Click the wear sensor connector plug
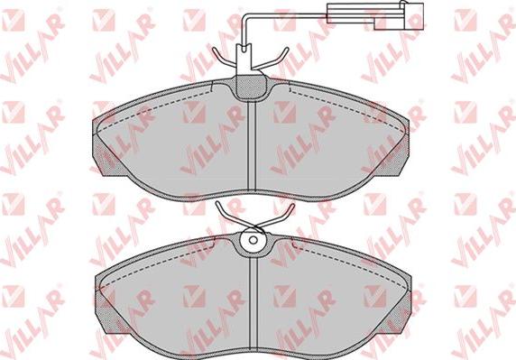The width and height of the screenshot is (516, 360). (375, 14)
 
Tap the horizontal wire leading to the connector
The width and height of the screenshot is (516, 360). (285, 15)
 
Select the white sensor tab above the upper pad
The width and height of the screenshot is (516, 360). (244, 60)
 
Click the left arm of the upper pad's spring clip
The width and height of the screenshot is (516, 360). (225, 59)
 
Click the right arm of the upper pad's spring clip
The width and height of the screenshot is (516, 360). (271, 60)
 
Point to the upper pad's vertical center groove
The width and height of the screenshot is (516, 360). (252, 146)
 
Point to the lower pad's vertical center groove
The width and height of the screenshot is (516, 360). (253, 304)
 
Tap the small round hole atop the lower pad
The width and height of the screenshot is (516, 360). (253, 240)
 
